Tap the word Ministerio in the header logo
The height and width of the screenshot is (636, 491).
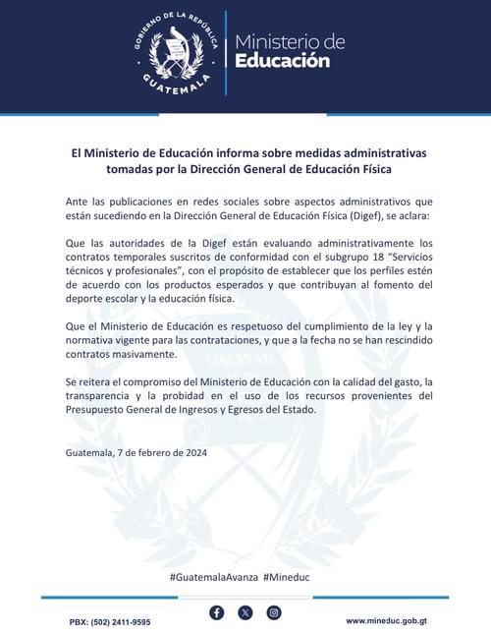click(289, 40)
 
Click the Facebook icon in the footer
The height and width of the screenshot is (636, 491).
click(217, 612)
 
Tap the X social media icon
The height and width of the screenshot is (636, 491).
click(245, 612)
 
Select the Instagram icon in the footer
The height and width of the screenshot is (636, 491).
click(274, 612)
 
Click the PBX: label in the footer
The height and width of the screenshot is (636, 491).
click(81, 622)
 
